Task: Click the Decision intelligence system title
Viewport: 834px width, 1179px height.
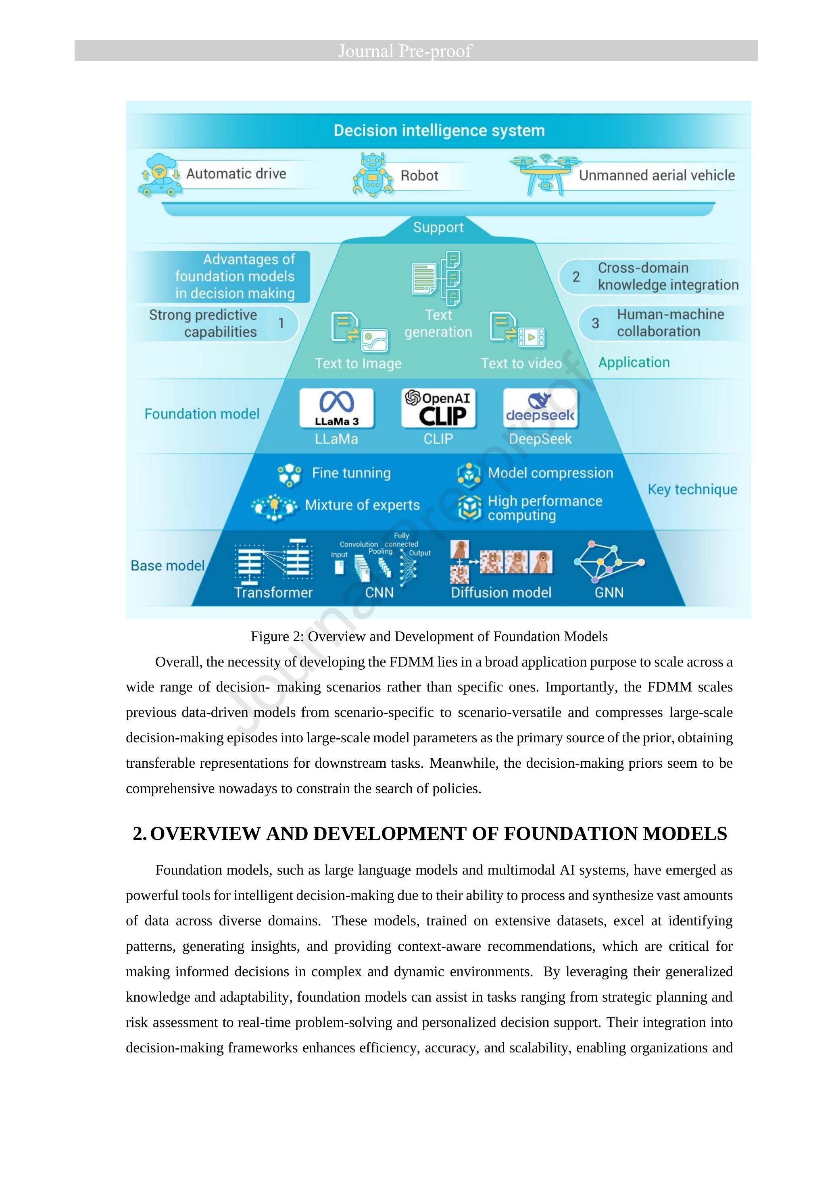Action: (439, 130)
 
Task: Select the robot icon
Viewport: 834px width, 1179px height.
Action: (373, 175)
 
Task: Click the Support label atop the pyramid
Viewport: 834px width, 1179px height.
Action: (438, 227)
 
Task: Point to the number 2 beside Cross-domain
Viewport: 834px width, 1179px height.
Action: (576, 277)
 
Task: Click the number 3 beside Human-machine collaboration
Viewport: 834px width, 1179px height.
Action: (595, 323)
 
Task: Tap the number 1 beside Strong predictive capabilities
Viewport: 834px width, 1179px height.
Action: (281, 323)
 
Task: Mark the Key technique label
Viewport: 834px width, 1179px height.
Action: (692, 490)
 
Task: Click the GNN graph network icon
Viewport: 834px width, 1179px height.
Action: (609, 562)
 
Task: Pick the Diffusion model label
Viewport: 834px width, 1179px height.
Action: (501, 593)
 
